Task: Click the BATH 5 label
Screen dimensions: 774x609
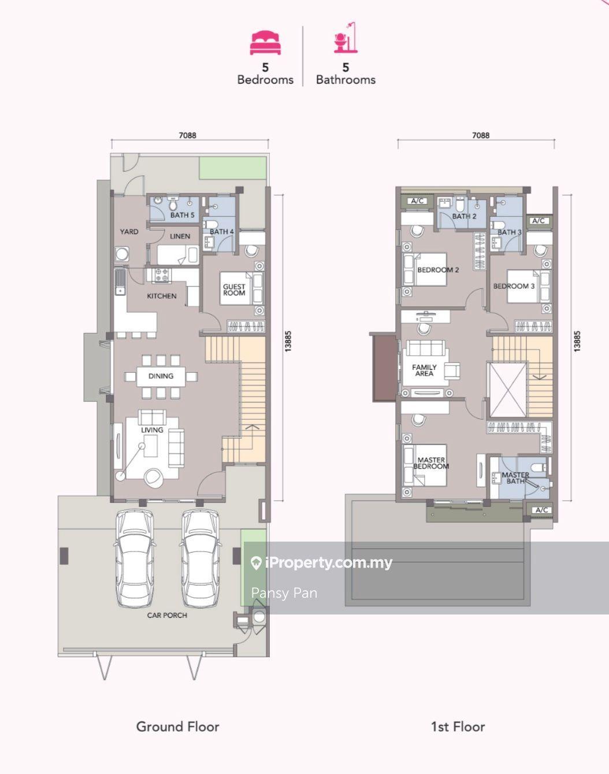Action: [182, 215]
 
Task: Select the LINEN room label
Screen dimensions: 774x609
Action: [180, 236]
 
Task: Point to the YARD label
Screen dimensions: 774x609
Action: [129, 232]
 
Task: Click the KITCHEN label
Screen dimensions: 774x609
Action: [162, 296]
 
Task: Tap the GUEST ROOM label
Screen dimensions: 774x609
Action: [234, 290]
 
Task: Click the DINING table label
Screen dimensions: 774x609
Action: [161, 376]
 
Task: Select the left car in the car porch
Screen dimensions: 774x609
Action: [135, 558]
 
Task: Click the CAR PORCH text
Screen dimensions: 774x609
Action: [167, 615]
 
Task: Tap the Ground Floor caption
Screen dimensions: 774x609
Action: [177, 727]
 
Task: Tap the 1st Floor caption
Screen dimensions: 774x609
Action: [458, 727]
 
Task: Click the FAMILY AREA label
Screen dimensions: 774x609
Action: [424, 371]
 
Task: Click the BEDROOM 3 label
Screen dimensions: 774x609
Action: [514, 286]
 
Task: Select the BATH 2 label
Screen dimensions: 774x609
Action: [464, 216]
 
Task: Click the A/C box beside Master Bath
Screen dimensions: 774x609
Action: [541, 510]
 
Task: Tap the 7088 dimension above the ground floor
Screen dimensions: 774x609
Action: [187, 136]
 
